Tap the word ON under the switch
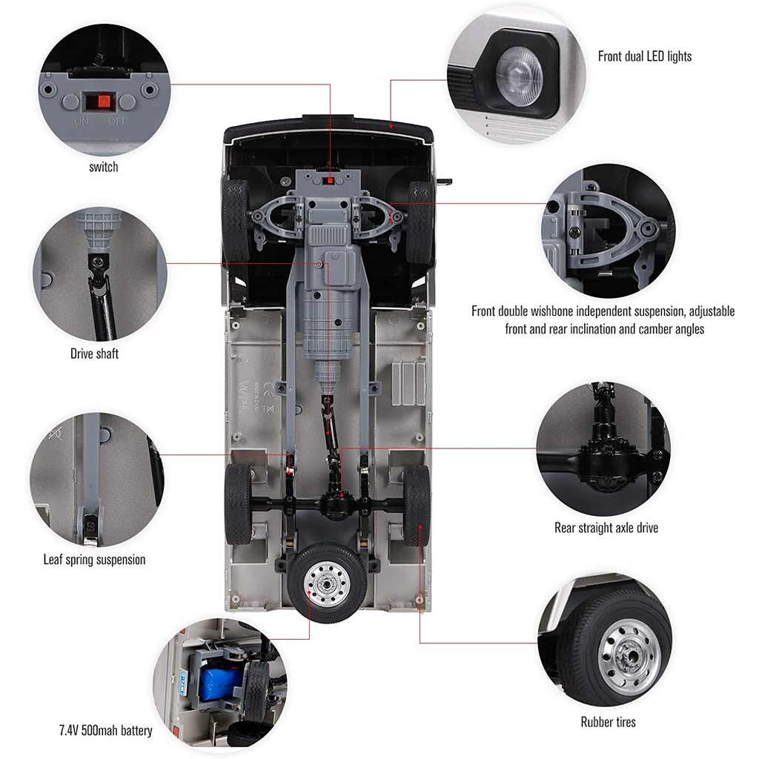[x=82, y=121]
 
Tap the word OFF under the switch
[x=117, y=121]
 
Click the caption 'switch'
[x=103, y=167]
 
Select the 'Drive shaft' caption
[x=94, y=354]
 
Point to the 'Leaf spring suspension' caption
[x=94, y=560]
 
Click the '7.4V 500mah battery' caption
[x=105, y=730]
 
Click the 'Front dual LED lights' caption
[x=645, y=56]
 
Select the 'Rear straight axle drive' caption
[x=606, y=528]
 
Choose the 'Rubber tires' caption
[x=608, y=721]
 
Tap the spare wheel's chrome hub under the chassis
[x=327, y=582]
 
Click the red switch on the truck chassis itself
[x=328, y=179]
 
